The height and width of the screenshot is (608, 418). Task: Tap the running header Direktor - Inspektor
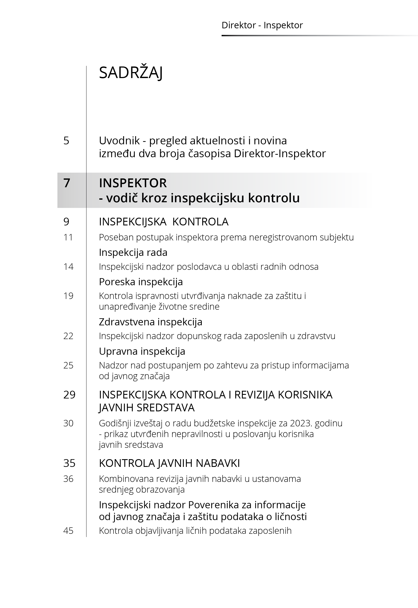click(x=262, y=25)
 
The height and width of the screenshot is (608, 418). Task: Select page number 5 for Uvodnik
click(x=66, y=141)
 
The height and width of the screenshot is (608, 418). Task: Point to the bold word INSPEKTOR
click(x=133, y=183)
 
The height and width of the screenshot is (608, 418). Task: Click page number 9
click(x=66, y=222)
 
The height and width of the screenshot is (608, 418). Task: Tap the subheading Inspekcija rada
click(x=133, y=252)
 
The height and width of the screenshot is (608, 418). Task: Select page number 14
click(x=68, y=267)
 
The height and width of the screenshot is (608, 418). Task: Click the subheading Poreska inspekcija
click(x=141, y=282)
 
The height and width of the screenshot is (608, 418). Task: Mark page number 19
click(x=68, y=296)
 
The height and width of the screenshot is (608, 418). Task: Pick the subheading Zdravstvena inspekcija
click(x=151, y=322)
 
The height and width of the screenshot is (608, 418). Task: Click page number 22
click(x=68, y=336)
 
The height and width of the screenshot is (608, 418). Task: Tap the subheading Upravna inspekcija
click(x=142, y=351)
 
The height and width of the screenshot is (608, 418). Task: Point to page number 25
click(x=68, y=365)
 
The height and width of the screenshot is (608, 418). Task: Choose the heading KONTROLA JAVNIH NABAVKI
click(x=169, y=463)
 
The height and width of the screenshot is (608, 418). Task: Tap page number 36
click(x=68, y=479)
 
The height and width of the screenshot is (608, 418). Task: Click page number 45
click(x=68, y=531)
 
